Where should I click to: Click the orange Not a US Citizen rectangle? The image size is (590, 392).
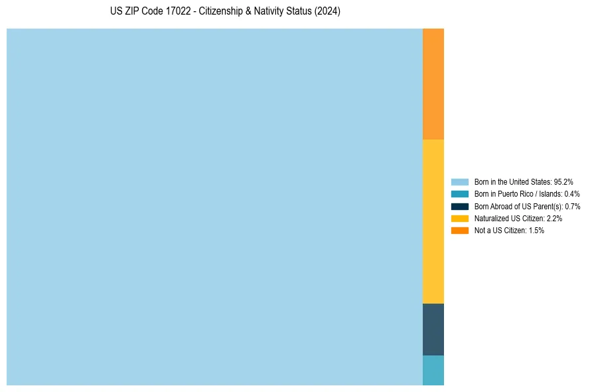(x=433, y=84)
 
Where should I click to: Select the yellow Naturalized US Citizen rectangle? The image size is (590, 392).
(x=433, y=221)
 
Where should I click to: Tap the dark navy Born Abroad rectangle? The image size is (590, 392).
(x=433, y=329)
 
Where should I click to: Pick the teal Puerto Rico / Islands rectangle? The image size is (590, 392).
(x=433, y=370)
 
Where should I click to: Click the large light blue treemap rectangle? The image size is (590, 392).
(x=214, y=207)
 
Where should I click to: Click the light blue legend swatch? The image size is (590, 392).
(x=459, y=181)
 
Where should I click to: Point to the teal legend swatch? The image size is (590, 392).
(x=459, y=194)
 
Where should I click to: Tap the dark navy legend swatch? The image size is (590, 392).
(x=459, y=206)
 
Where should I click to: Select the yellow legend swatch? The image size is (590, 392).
(x=459, y=218)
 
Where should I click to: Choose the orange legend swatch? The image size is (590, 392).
(x=459, y=231)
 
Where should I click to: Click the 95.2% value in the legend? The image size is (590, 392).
(x=563, y=181)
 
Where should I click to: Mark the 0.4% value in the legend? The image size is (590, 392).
(x=571, y=194)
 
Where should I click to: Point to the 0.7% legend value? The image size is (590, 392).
(x=572, y=206)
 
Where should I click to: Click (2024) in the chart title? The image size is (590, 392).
(x=327, y=12)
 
